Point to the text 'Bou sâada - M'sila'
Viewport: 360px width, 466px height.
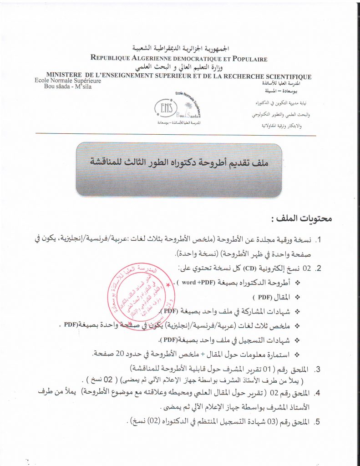coord(63,87)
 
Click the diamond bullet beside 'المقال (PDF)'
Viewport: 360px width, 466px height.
coord(299,297)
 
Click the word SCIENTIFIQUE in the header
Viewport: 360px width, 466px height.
coord(283,76)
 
